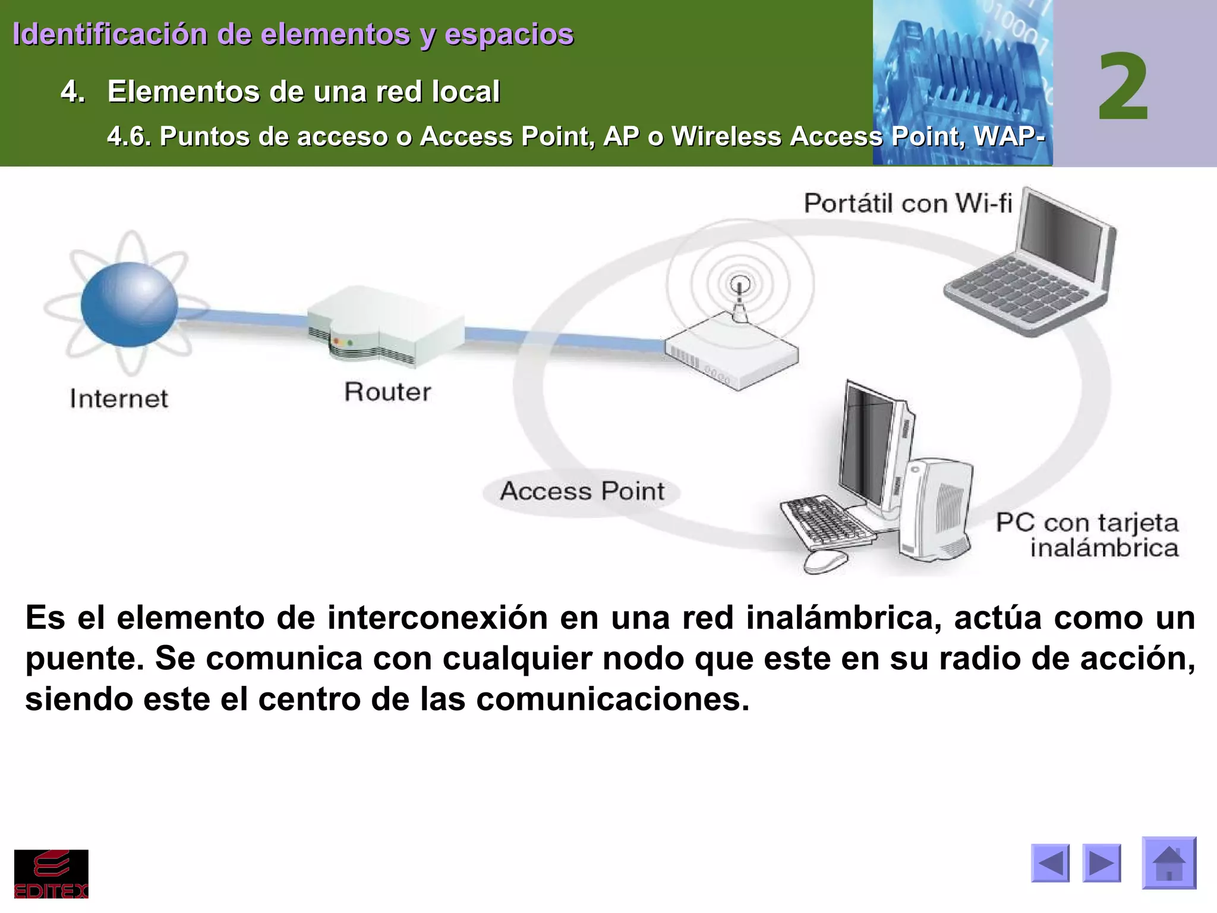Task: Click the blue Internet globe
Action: point(129,304)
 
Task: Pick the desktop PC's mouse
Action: point(826,561)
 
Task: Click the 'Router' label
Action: point(387,392)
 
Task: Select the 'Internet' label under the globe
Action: point(119,399)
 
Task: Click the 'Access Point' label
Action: point(582,492)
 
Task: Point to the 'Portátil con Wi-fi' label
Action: point(907,204)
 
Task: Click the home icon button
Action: point(1169,862)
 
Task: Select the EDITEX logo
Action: point(51,873)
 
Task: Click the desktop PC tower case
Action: point(935,508)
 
